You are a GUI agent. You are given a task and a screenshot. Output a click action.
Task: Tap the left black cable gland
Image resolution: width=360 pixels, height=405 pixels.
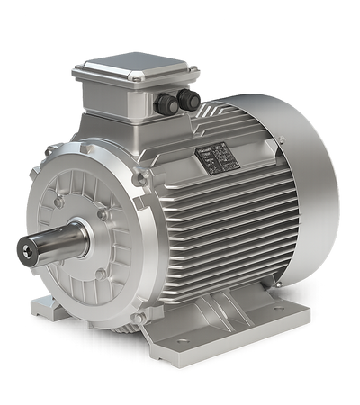point(166,105)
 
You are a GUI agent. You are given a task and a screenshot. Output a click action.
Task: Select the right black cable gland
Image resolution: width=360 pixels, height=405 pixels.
point(187,98)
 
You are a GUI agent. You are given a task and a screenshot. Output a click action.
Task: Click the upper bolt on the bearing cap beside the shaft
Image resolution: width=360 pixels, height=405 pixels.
point(105,214)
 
